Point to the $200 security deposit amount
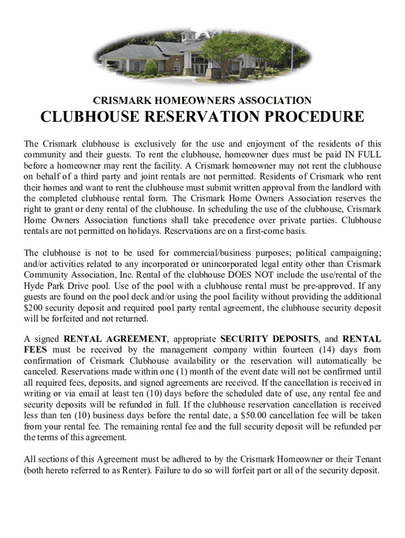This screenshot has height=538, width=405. [x=34, y=308]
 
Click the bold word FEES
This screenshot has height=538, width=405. [x=35, y=350]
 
